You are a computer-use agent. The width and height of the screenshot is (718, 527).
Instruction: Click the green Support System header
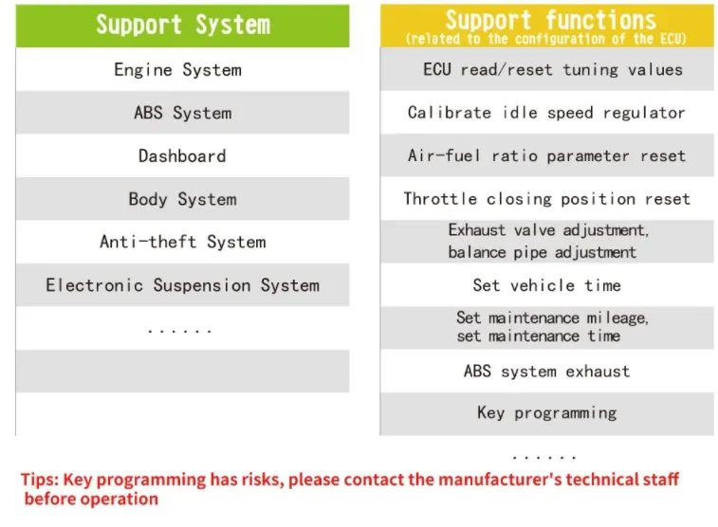[x=182, y=25]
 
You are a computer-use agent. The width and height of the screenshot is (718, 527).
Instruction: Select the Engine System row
[x=177, y=69]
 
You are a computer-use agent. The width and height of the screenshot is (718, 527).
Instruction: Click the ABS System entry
[x=182, y=113]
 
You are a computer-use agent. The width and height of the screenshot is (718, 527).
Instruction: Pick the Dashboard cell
[x=182, y=155]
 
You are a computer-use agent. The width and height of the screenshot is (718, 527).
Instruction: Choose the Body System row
[x=182, y=199]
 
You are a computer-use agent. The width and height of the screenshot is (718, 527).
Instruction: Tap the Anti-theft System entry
[x=182, y=242]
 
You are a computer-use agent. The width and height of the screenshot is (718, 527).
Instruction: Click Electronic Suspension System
[x=182, y=285]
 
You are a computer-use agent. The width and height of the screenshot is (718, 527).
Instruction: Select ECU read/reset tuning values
[x=552, y=69]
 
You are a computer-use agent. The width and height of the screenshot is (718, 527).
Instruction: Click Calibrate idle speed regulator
[x=546, y=112]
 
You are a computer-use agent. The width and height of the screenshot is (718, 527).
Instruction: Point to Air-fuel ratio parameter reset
[x=546, y=155]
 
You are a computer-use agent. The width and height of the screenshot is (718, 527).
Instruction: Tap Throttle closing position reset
[x=546, y=199]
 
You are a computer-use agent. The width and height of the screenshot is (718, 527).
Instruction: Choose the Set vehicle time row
[x=546, y=284]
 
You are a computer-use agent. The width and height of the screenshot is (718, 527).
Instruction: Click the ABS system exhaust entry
[x=546, y=371]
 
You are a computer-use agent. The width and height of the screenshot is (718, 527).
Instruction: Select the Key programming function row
[x=546, y=413]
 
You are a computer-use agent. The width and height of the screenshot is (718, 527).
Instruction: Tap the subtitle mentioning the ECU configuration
[x=547, y=39]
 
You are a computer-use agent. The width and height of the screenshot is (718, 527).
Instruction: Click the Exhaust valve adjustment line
[x=548, y=230]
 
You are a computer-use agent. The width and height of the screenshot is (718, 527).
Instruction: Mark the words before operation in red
[x=91, y=500]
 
